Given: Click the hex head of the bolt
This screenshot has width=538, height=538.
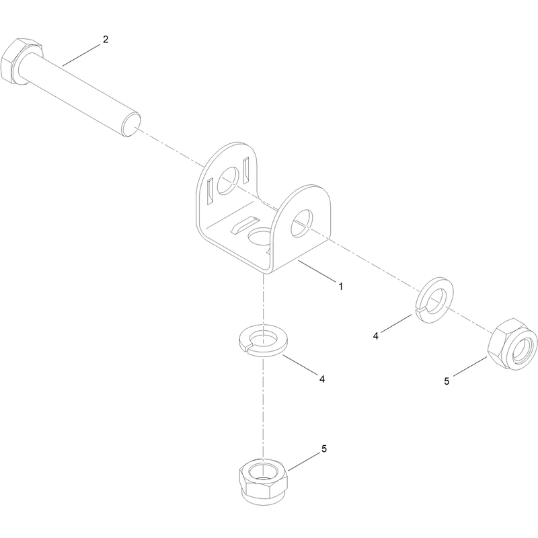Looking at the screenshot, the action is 22,61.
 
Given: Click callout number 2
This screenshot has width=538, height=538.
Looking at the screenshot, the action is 106,40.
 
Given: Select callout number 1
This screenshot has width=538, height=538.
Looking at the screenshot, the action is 340,286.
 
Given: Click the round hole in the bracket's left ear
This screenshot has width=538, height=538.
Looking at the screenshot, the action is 227,181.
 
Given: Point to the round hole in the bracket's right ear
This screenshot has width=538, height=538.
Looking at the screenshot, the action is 302,223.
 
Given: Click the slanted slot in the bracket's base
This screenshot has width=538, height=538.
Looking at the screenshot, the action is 245,225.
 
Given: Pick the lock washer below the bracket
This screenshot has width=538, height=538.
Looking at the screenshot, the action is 264,341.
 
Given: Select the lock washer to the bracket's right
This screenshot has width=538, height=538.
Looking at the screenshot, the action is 434,299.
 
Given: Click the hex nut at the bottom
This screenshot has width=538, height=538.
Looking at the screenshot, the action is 263,482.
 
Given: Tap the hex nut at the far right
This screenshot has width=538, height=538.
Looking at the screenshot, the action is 512,344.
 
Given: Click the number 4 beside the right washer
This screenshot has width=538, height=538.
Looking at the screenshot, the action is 376,336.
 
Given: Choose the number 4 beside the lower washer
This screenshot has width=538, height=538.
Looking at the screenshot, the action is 322,379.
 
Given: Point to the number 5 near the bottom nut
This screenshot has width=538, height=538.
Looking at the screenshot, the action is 324,449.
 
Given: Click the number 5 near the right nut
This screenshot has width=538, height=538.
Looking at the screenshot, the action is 447,381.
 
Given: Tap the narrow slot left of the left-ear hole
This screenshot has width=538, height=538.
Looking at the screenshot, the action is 210,192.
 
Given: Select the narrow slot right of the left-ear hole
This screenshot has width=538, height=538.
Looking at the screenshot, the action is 246,171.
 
